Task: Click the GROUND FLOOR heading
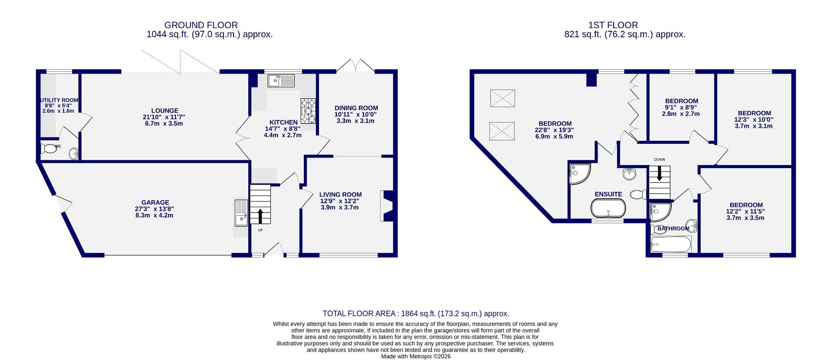point(201,25)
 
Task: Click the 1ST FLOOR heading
point(613,25)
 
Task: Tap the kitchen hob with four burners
point(309,111)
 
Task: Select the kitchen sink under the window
point(281,81)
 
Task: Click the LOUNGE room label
point(165,111)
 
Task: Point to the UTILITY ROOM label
point(59,100)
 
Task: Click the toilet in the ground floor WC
point(49,149)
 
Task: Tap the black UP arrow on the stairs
point(260,215)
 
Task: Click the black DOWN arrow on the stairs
point(660,173)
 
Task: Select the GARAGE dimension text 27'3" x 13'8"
point(155,209)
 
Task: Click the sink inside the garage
point(241,212)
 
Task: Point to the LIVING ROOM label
point(340,195)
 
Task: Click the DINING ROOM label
point(356,108)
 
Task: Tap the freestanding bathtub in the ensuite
point(608,208)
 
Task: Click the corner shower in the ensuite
point(579,173)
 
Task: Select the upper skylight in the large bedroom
point(503,98)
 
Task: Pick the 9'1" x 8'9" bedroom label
point(681,101)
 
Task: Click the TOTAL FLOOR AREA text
point(416,314)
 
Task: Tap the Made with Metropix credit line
point(416,357)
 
